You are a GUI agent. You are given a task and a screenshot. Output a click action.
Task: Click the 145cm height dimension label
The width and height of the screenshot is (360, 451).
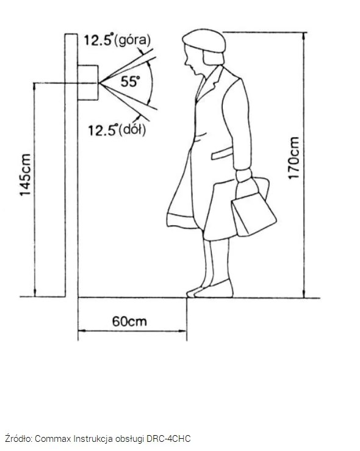pos(25,175)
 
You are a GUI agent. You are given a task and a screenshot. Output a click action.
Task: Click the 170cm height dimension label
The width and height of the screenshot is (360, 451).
pos(294,158)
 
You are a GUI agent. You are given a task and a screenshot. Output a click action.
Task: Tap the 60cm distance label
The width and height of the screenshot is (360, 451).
pos(129,321)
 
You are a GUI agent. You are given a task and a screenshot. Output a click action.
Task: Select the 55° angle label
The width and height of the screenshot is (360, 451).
pos(130,81)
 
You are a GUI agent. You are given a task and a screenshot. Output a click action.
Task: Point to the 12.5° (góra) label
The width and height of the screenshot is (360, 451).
pos(117,40)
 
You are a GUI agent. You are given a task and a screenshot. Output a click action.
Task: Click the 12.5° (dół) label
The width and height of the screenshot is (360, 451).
pos(117,130)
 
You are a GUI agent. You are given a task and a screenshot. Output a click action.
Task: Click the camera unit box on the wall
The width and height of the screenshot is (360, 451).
pos(88,83)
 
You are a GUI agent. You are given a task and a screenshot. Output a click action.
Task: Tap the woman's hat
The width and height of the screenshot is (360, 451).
pos(204,40)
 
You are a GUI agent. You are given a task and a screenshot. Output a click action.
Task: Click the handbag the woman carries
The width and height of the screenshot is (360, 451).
pos(253,207)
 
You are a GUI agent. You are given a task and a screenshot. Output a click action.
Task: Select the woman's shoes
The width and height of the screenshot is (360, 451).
pos(210,290)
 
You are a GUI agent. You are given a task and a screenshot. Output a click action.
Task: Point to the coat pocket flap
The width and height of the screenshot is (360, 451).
pos(222,153)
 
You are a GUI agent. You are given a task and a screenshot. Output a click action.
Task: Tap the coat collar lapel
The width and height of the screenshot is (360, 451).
pos(209,84)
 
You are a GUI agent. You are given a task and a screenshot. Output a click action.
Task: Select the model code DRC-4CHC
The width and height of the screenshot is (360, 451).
pos(168,439)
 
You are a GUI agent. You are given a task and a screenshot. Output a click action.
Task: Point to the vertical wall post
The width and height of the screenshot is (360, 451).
pos(71,165)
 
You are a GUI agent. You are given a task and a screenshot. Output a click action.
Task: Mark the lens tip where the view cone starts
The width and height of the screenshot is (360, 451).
pos(99,83)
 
